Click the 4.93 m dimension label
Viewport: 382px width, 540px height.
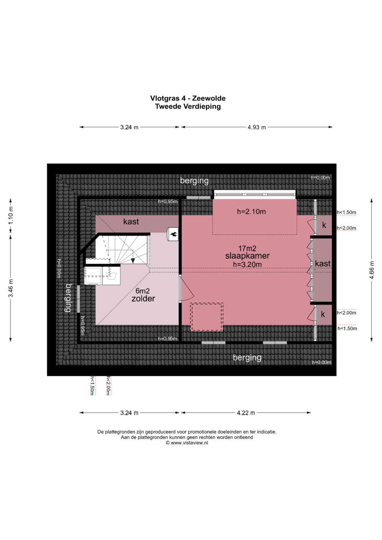pos(256,127)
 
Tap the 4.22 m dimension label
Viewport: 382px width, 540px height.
pos(246,413)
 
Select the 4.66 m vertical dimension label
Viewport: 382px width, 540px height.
pos(372,270)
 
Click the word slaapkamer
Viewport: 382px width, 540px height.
pos(247,256)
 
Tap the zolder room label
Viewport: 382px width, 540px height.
pos(143,299)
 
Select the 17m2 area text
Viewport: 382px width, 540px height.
pos(247,248)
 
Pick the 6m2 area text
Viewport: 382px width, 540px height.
pos(143,291)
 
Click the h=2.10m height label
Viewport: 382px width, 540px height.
pos(251,212)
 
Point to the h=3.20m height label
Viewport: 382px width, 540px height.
pos(247,265)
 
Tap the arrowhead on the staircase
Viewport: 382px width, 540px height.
pos(133,261)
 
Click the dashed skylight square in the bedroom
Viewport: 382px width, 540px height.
pos(207,317)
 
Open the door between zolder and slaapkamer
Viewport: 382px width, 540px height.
pos(186,289)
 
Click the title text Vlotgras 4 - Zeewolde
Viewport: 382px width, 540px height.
pos(188,98)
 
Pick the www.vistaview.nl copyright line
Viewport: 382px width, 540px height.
pos(187,443)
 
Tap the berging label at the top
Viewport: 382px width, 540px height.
pos(195,181)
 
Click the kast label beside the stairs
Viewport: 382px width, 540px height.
pos(131,221)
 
